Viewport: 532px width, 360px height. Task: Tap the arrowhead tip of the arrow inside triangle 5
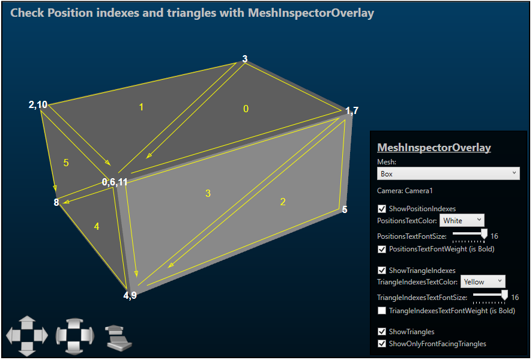(55, 191)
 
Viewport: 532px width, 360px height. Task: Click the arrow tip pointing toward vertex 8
(64, 203)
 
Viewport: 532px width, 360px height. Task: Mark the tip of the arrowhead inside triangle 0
(147, 158)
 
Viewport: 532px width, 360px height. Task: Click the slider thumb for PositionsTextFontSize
(484, 234)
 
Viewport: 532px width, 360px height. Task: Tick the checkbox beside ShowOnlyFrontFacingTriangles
(382, 343)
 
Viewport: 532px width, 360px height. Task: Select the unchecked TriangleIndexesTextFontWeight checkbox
(382, 311)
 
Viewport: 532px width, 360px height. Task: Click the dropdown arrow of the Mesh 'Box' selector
(515, 173)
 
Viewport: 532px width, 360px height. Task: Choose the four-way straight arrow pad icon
(27, 336)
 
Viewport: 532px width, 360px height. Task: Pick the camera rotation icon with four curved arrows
(75, 336)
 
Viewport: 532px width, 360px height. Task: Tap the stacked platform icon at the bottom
(118, 338)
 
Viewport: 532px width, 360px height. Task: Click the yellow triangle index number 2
(283, 202)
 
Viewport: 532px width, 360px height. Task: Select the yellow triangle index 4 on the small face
(97, 226)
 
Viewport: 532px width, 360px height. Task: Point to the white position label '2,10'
(38, 105)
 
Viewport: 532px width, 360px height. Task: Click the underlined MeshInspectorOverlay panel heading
(434, 148)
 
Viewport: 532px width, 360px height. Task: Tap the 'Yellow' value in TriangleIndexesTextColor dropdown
(474, 281)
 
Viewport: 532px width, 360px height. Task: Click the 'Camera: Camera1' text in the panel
(405, 191)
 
